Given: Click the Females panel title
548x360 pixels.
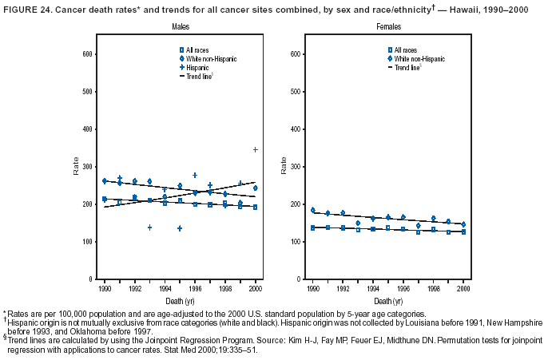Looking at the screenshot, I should (x=389, y=27).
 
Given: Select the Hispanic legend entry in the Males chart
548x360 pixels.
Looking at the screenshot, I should (x=197, y=68).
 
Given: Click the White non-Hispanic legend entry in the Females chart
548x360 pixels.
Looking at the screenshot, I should (x=419, y=59).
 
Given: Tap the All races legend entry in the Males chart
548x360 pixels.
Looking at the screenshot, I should (x=197, y=50).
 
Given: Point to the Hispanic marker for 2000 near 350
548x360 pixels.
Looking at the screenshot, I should (x=256, y=149).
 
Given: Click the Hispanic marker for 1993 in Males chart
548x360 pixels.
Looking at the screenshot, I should (x=149, y=227).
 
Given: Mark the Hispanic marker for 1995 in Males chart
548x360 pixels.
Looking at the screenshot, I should (x=180, y=228).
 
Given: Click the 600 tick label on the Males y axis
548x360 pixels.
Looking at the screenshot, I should (x=85, y=54).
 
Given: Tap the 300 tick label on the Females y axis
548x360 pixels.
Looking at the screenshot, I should (x=295, y=167).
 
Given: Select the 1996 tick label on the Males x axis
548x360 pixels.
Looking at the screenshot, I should (x=195, y=286).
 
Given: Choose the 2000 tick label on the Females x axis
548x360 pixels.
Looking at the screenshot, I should (x=463, y=286).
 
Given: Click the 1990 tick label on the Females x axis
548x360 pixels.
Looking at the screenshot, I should (x=312, y=286).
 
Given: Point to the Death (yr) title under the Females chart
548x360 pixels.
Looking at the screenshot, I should (x=388, y=302).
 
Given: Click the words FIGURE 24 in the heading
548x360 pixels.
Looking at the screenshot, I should (x=29, y=9).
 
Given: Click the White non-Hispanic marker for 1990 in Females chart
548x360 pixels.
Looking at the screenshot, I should (x=312, y=211).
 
